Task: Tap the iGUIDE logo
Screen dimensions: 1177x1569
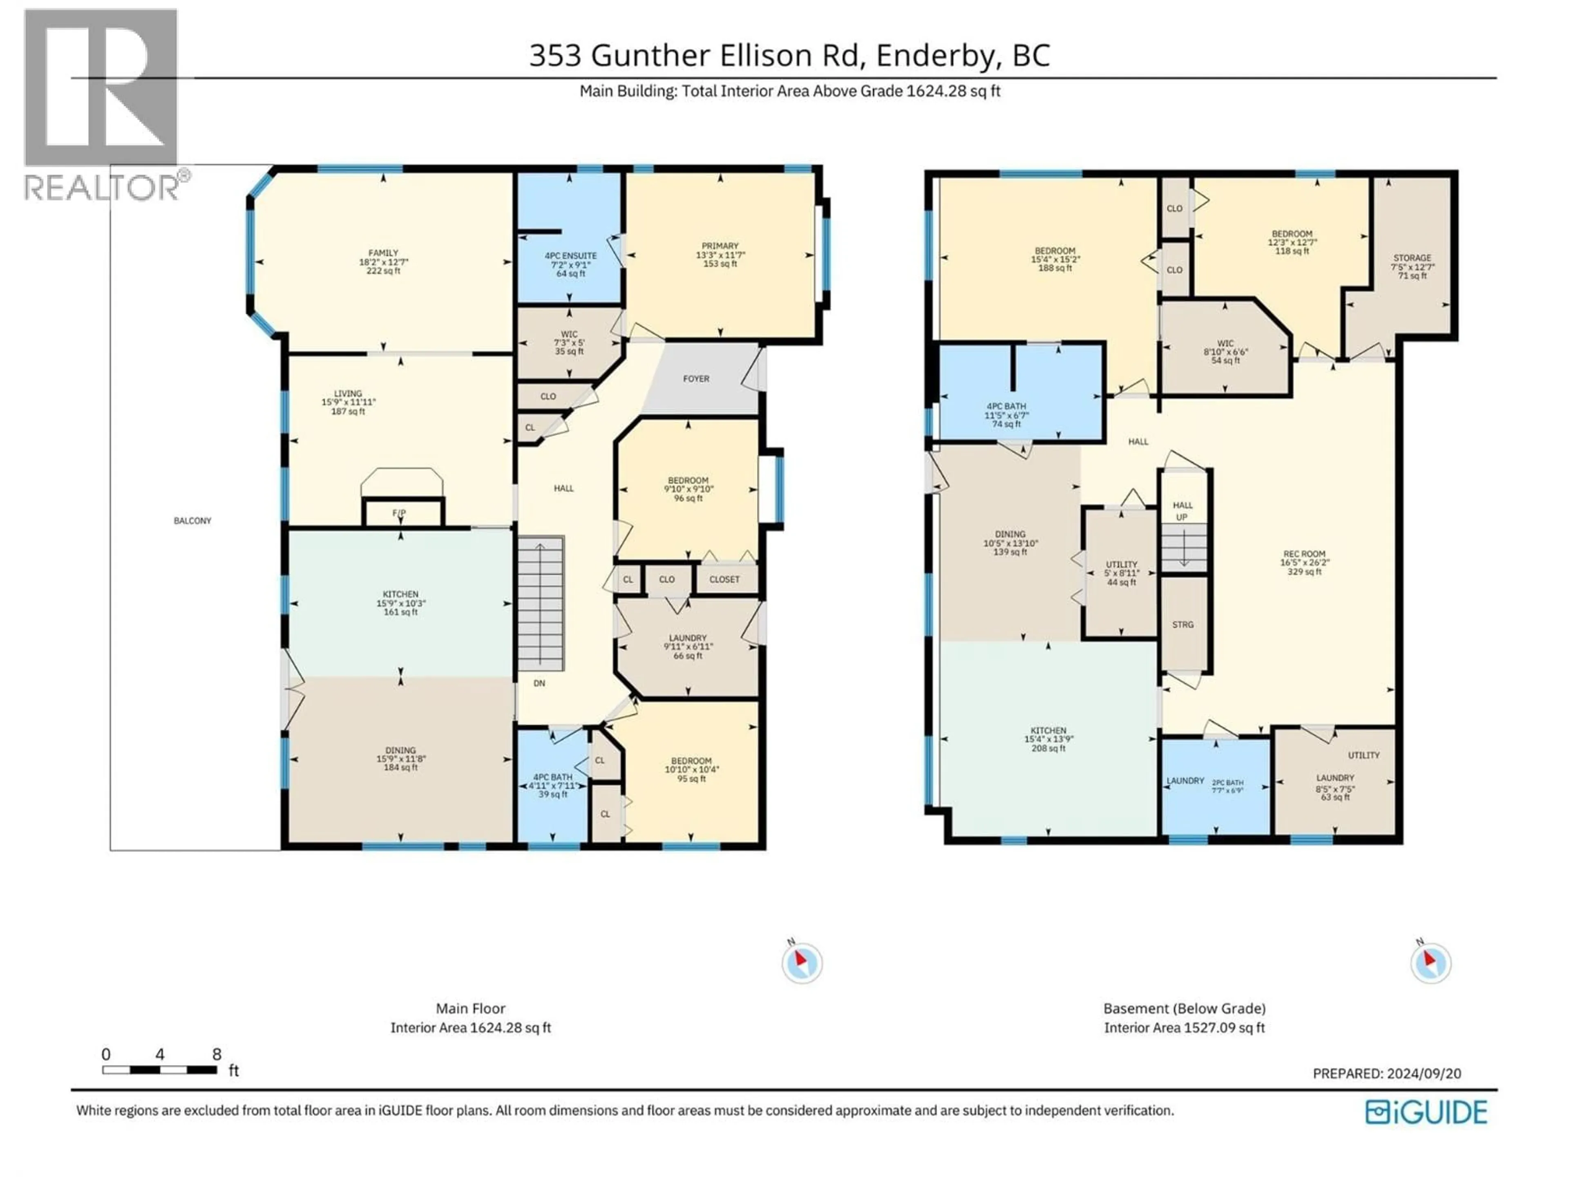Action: point(1426,1112)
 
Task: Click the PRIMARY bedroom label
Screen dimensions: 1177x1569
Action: point(720,246)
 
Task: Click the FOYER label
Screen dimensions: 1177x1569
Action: point(696,379)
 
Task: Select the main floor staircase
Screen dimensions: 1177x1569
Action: point(541,603)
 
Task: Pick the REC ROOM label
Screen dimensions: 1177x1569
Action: point(1304,554)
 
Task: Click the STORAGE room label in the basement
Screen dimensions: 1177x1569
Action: point(1412,258)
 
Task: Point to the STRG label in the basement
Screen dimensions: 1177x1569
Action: point(1182,625)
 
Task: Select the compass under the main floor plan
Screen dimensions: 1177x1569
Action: point(802,963)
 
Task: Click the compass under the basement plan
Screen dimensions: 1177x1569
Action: point(1430,963)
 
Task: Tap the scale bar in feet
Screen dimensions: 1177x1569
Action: point(160,1069)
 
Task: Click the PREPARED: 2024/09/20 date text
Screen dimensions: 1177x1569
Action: point(1387,1074)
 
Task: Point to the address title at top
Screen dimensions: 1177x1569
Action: point(789,55)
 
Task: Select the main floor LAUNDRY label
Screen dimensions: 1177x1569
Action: point(687,638)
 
